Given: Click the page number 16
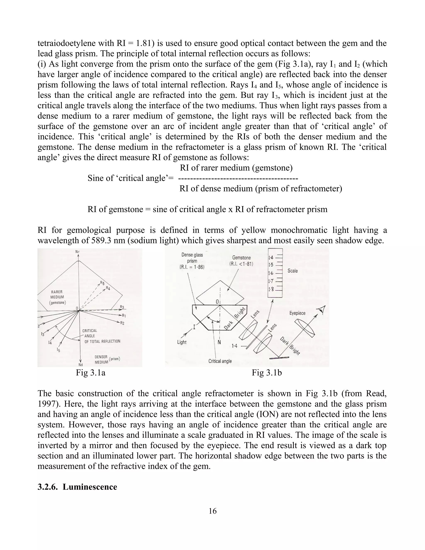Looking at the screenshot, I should pyautogui.click(x=212, y=511).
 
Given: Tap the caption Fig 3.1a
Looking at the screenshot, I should pyautogui.click(x=91, y=373).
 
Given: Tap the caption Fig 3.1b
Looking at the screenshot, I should pyautogui.click(x=267, y=373).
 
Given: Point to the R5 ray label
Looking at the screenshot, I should pyautogui.click(x=102, y=283).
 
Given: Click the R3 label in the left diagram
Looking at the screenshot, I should pyautogui.click(x=122, y=307).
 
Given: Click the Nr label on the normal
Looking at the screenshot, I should pyautogui.click(x=78, y=252).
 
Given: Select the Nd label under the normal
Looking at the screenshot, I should pyautogui.click(x=80, y=365).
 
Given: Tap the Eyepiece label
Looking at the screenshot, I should pyautogui.click(x=297, y=313).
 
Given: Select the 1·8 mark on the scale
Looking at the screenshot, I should pyautogui.click(x=271, y=289).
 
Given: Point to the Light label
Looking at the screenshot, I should pyautogui.click(x=182, y=342).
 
